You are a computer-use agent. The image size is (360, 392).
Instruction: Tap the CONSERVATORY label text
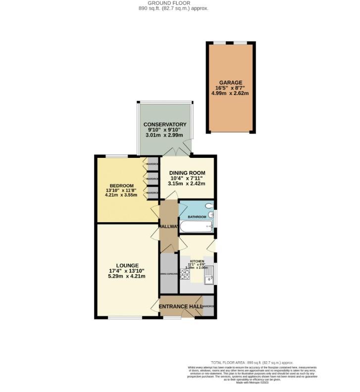(x=165, y=124)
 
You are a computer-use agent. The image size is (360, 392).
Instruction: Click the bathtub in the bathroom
(x=196, y=227)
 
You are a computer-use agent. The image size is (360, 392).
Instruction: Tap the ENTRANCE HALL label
(x=180, y=307)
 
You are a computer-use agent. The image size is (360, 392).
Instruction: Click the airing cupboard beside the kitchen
(x=168, y=273)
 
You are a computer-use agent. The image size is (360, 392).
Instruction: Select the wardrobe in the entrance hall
(x=208, y=306)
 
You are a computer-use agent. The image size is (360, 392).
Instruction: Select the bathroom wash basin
(x=211, y=215)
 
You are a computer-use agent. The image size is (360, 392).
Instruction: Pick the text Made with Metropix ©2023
(x=253, y=383)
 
